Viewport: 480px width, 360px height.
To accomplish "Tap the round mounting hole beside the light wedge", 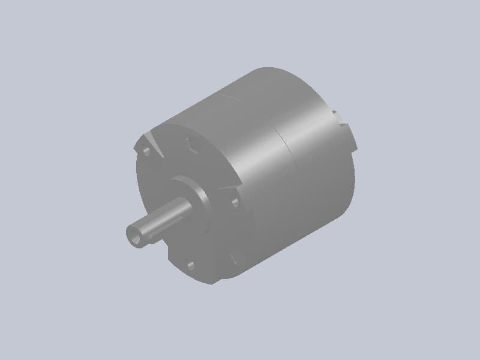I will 145,151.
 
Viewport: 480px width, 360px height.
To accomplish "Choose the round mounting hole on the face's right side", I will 235,202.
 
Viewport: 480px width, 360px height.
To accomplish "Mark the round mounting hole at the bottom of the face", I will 190,265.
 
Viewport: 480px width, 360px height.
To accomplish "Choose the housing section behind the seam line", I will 318,174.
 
